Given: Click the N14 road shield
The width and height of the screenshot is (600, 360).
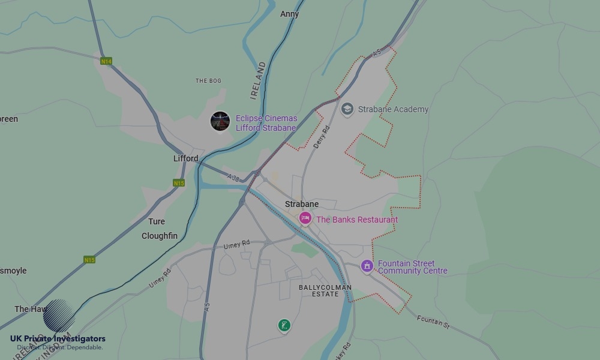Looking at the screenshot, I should click(x=106, y=61).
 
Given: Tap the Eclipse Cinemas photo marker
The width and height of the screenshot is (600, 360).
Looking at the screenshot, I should click(x=220, y=121).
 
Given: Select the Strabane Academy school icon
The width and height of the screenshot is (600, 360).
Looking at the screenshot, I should click(x=347, y=109).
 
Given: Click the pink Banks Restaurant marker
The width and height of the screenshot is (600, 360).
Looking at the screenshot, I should click(x=305, y=218).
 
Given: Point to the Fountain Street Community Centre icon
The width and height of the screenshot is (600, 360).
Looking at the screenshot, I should click(x=367, y=266).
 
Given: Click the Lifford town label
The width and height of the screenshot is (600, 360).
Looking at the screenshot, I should click(x=185, y=158).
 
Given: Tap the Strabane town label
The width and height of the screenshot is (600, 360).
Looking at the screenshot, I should click(x=302, y=204).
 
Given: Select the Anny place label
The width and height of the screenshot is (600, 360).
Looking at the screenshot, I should click(x=290, y=14).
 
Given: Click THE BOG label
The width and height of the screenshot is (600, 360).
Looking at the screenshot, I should click(x=208, y=81).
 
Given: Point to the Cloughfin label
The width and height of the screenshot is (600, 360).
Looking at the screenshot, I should click(x=160, y=236).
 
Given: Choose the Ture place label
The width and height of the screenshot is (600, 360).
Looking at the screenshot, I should click(x=157, y=221).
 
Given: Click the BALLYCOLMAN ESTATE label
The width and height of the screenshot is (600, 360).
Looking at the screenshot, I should click(x=325, y=291).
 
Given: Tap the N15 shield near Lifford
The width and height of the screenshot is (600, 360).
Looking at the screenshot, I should click(x=178, y=183).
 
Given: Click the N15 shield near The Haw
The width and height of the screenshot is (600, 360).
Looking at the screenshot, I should click(x=89, y=260).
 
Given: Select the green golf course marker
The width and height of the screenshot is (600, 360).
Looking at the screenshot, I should click(x=284, y=325).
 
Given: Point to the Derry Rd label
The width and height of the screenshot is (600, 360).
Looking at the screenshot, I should click(x=322, y=137).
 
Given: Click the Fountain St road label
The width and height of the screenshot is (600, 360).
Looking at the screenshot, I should click(x=433, y=322).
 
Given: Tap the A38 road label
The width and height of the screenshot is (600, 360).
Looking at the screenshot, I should click(x=233, y=177).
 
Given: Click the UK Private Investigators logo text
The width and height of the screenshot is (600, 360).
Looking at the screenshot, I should click(x=58, y=339).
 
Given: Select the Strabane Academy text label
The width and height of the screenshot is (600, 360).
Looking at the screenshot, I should click(x=393, y=109).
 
